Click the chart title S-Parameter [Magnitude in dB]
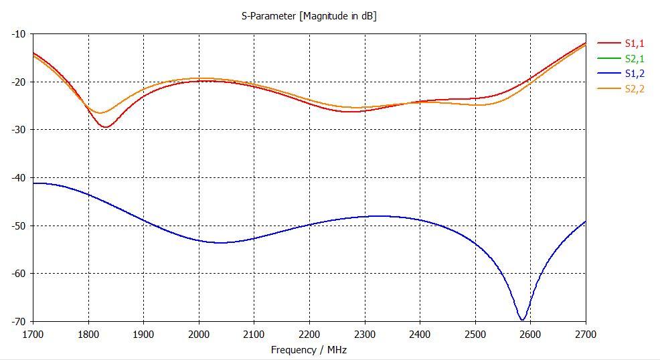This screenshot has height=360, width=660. (309, 16)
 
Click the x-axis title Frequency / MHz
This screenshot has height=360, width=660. (309, 349)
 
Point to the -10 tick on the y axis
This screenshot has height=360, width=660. (18, 33)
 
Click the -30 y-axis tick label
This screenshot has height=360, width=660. (18, 129)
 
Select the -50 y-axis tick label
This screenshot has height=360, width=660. (18, 226)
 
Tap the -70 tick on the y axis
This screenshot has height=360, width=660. (18, 321)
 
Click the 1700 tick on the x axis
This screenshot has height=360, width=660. (33, 333)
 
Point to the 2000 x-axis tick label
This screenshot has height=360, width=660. (199, 333)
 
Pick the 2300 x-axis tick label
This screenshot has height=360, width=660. (364, 333)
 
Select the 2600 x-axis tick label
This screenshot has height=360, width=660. (530, 333)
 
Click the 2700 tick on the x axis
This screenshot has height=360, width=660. (585, 333)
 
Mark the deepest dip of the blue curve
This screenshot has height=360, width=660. (522, 320)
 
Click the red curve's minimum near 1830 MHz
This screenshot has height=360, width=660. (105, 127)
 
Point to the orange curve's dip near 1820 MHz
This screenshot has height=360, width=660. (99, 112)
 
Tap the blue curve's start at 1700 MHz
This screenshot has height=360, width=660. (33, 183)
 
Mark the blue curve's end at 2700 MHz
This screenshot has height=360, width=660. (585, 221)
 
